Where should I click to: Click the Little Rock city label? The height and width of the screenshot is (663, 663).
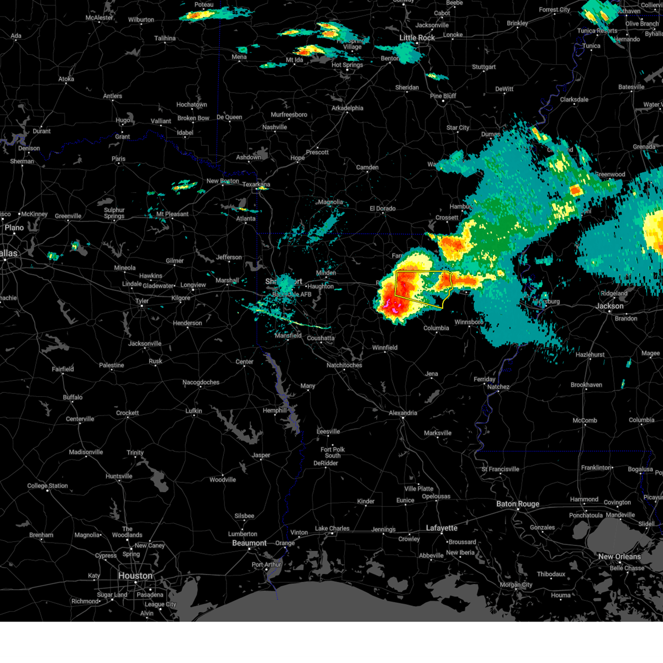pos(417,38)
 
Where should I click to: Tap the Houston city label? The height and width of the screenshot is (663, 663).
pos(135,576)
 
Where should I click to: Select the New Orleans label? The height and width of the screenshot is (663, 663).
pos(619,556)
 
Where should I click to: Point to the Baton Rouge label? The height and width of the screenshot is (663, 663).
pos(518,504)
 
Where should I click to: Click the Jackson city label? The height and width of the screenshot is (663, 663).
pos(609,306)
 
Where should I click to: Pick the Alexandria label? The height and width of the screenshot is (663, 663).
pos(403,413)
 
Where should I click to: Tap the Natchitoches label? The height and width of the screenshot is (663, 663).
pos(344,365)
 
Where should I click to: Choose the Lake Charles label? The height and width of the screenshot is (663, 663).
pos(332,528)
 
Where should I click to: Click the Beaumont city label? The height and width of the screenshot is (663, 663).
pos(249,543)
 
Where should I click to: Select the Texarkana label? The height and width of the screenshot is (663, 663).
pos(256,185)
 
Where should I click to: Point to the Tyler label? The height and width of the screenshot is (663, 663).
pos(142,301)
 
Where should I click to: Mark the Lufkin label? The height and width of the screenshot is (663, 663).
pos(193,411)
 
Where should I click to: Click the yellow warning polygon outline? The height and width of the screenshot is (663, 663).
pos(396,285)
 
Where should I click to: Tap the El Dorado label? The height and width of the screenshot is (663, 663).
pos(382,208)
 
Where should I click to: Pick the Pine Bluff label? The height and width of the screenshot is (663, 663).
pos(443,96)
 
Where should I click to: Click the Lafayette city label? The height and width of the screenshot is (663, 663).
pos(441,528)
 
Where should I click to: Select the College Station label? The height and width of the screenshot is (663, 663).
pos(48,486)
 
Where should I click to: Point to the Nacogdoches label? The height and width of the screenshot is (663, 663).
pos(201,382)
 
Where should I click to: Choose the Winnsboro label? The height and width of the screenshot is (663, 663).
pos(469,322)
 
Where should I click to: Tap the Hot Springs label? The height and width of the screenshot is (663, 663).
pos(347,65)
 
